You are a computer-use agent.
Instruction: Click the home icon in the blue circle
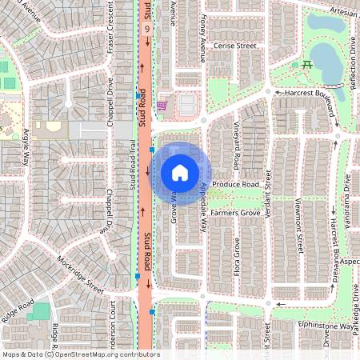(180, 173)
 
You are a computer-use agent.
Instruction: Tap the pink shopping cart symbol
(162, 104)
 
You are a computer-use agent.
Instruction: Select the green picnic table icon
(306, 65)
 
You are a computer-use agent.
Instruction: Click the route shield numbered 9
(146, 28)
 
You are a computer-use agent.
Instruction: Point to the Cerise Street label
(234, 46)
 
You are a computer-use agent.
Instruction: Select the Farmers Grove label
(235, 214)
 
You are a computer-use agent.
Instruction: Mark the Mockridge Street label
(80, 273)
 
